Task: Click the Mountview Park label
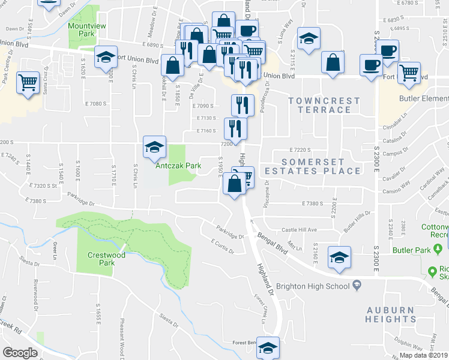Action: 82,29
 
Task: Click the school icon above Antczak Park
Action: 154,146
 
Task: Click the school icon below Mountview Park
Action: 106,56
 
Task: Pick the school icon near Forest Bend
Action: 268,349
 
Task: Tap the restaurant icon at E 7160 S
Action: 235,128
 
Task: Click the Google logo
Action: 20,353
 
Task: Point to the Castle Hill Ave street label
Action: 300,230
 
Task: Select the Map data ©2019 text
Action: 423,355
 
